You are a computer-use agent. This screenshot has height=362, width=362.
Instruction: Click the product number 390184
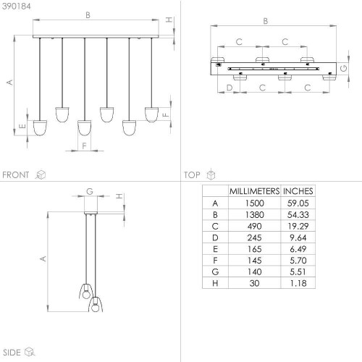tap(17, 7)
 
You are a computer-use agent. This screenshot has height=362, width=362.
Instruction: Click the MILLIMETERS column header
tap(254, 191)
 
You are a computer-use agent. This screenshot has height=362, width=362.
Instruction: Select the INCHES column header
tap(298, 191)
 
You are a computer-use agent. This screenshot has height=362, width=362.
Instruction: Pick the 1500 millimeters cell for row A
tap(255, 203)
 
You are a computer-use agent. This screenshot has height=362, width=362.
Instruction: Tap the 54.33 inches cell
tap(298, 214)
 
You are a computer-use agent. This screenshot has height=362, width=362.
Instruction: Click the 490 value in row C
tap(255, 226)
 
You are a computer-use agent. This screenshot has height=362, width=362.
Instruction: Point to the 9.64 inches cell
tap(298, 237)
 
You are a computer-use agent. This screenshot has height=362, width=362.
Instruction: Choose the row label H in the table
tap(215, 283)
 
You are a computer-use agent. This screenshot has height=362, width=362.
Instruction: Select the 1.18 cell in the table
tap(298, 283)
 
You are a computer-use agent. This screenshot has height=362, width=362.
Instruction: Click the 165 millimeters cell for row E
tap(255, 249)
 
